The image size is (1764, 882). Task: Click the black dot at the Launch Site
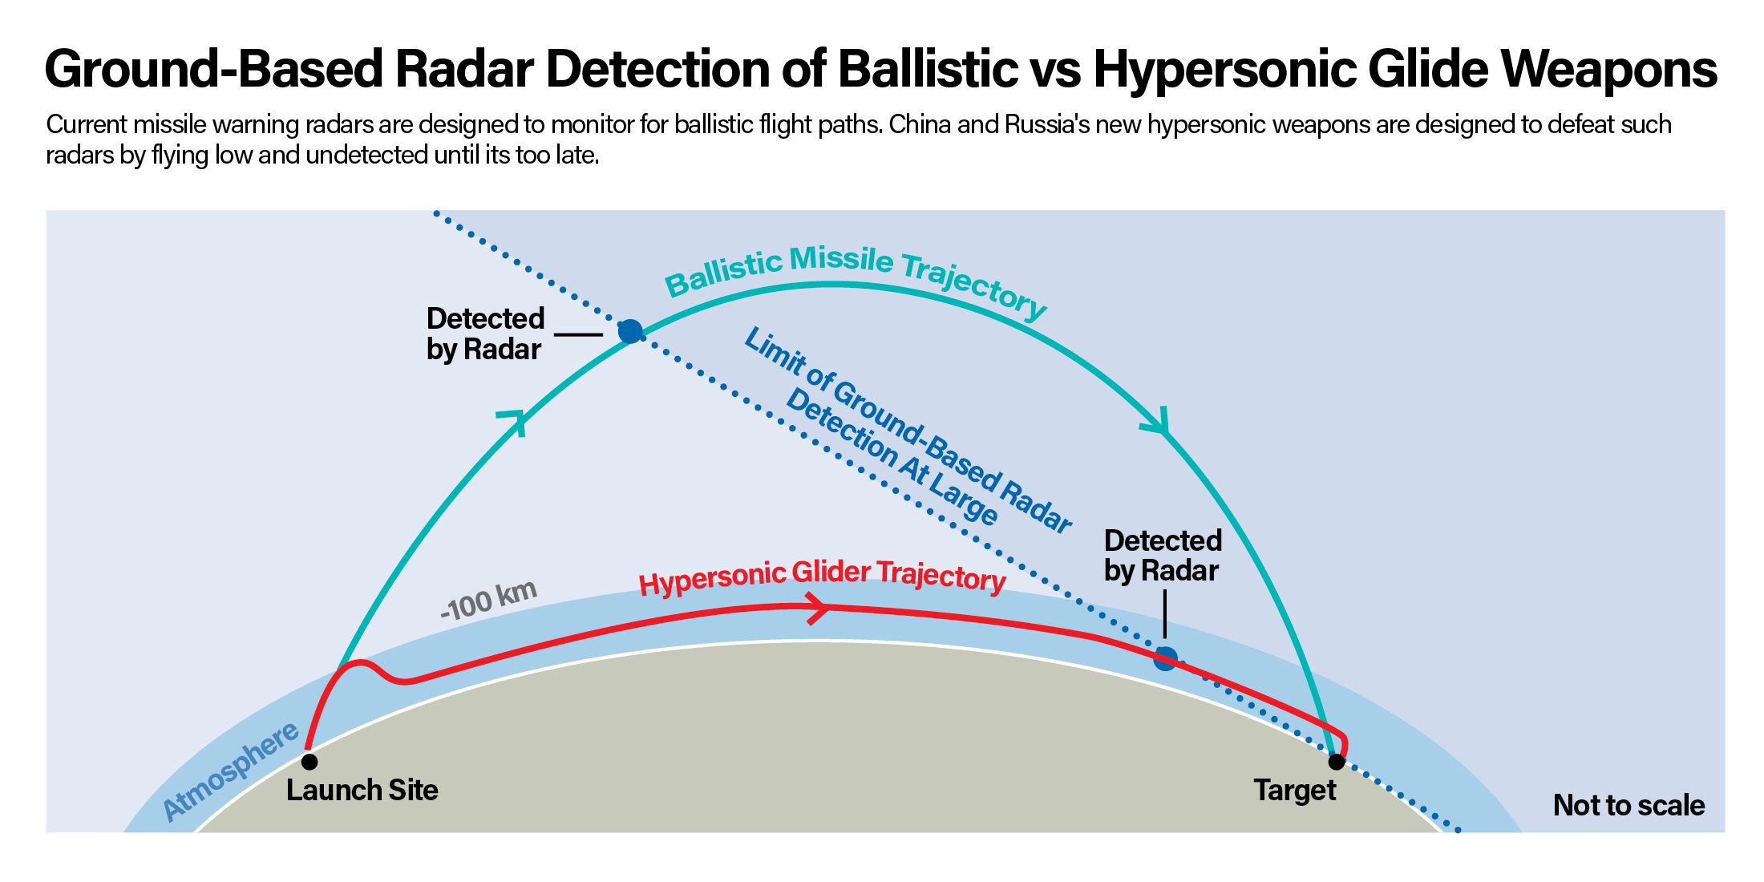pos(310,761)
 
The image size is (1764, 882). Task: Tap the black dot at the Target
pos(1336,761)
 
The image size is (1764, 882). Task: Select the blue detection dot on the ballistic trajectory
pos(630,330)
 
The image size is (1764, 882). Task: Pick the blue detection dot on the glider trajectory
pos(1165,658)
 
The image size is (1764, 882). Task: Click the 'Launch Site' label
pos(362,791)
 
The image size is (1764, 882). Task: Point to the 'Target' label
pos(1295,791)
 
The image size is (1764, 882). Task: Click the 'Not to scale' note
pos(1628,805)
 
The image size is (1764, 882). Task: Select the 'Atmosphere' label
pos(231,771)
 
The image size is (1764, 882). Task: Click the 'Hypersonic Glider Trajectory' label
pos(822,577)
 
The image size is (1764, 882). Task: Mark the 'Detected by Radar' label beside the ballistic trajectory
pos(485,334)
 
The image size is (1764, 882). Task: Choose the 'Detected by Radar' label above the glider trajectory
pos(1163,555)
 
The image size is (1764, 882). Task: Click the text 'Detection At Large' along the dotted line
pos(892,457)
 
